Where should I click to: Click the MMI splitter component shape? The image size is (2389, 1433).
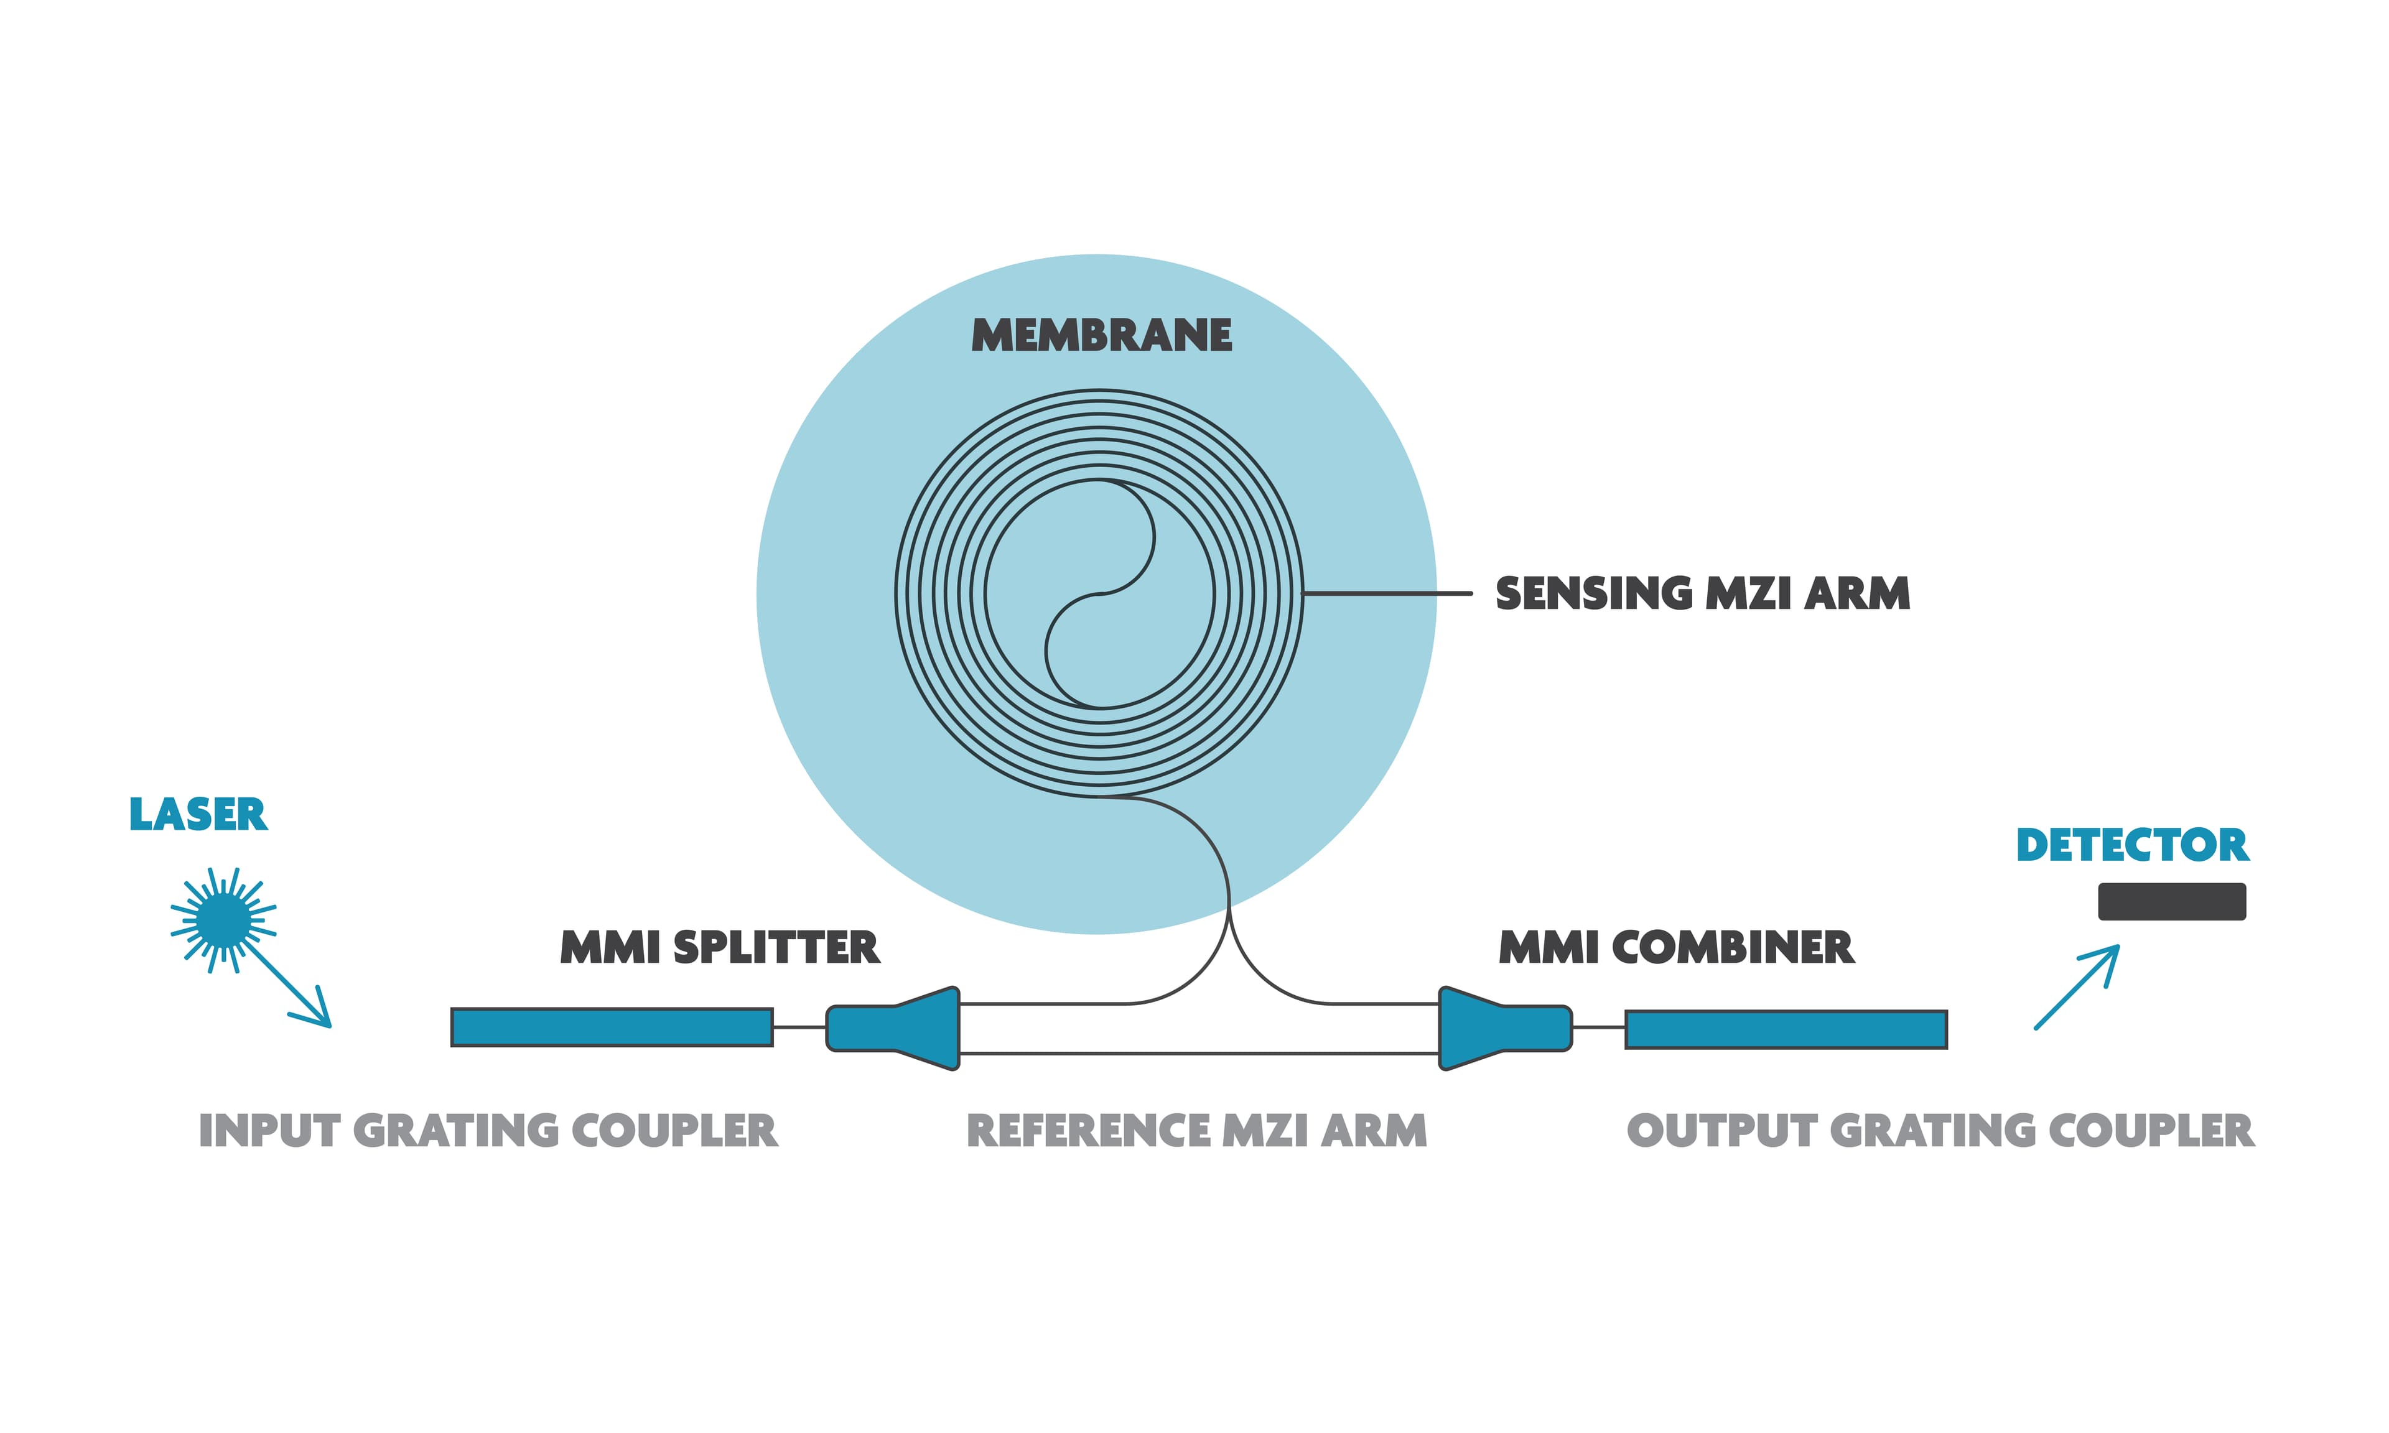pos(893,1027)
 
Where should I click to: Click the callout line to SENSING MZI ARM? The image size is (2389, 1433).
pos(1387,593)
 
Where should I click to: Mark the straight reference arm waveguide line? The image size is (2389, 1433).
pos(1198,1054)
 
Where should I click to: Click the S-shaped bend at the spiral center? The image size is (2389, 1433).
pos(1101,593)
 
